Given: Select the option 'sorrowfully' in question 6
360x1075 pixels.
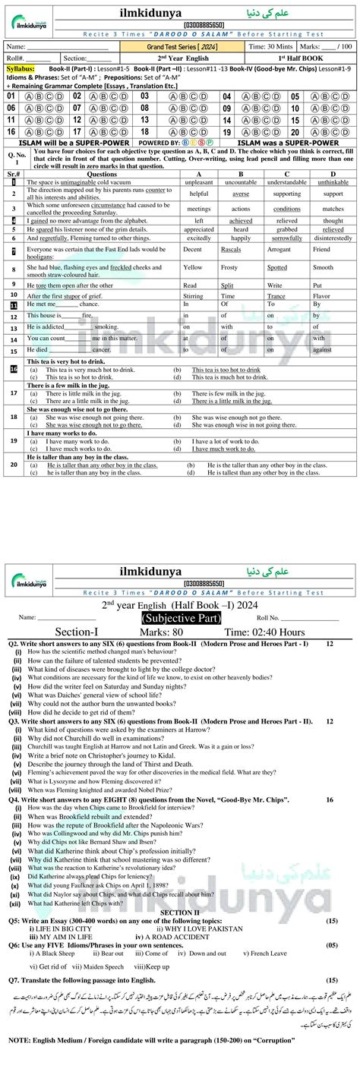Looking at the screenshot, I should [x=287, y=238].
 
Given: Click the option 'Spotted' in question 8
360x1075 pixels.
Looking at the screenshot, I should [x=277, y=267].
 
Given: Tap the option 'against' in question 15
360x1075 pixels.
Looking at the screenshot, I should [x=322, y=350].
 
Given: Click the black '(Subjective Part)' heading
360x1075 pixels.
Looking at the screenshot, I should [x=181, y=597].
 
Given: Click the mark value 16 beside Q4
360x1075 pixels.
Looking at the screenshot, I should [x=330, y=799].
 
